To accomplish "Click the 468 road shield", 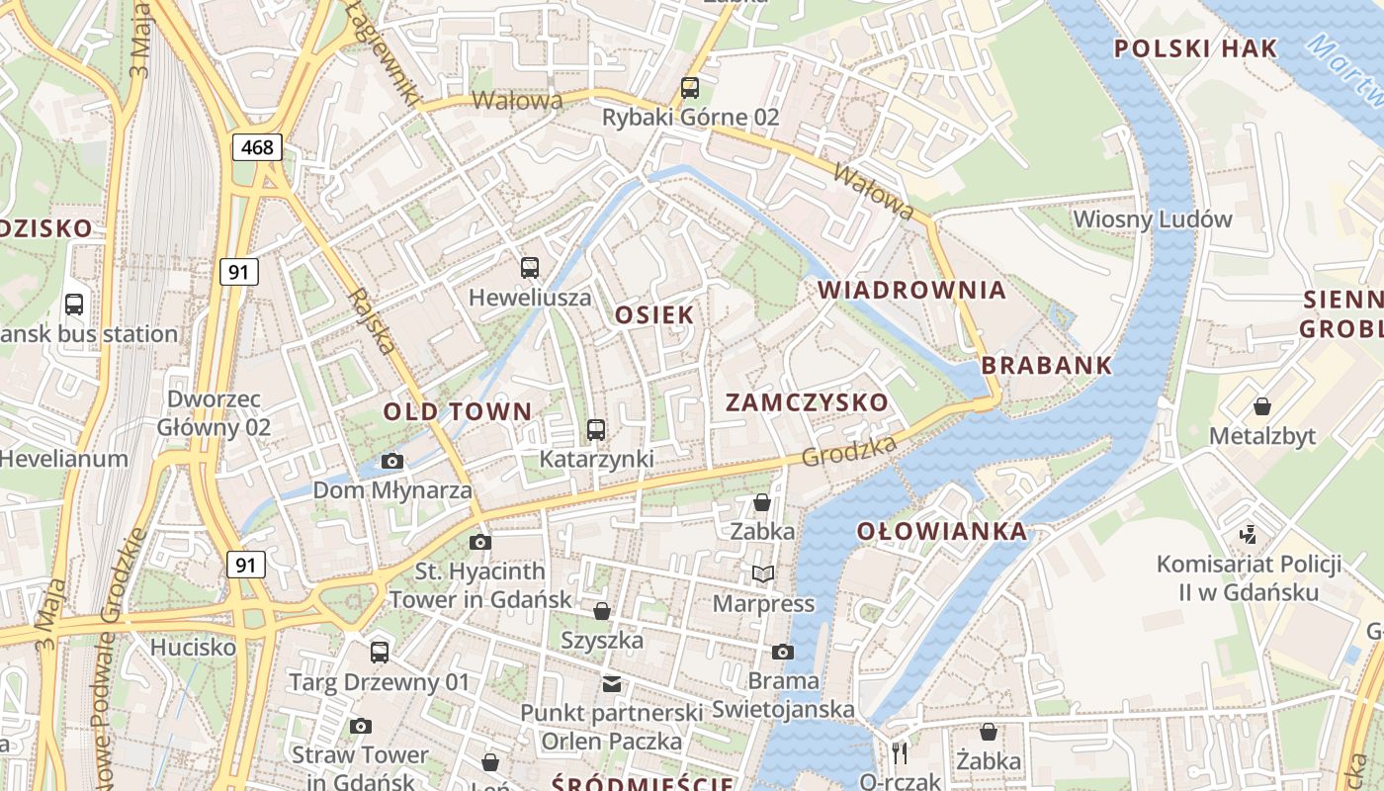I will click(258, 148).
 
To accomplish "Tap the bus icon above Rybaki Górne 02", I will click(690, 88).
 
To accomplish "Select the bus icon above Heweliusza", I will click(530, 267).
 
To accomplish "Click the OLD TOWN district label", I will click(458, 411).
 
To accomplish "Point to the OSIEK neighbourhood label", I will click(654, 314).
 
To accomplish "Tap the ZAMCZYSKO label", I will click(807, 402).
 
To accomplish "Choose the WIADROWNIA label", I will click(912, 290).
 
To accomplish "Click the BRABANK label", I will click(1047, 365).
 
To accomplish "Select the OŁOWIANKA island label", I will click(942, 531).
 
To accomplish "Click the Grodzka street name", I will click(849, 450).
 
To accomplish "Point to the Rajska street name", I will click(373, 321).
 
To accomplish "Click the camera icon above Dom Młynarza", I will click(392, 461).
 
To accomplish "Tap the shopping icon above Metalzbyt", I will click(1261, 406).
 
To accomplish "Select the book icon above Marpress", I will click(762, 574).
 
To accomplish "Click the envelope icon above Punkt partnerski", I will click(612, 683).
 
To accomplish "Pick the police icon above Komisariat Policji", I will click(1249, 535).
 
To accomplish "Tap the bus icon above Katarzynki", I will click(595, 430).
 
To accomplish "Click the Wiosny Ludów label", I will click(1153, 219).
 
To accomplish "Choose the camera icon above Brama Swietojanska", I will click(782, 652).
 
